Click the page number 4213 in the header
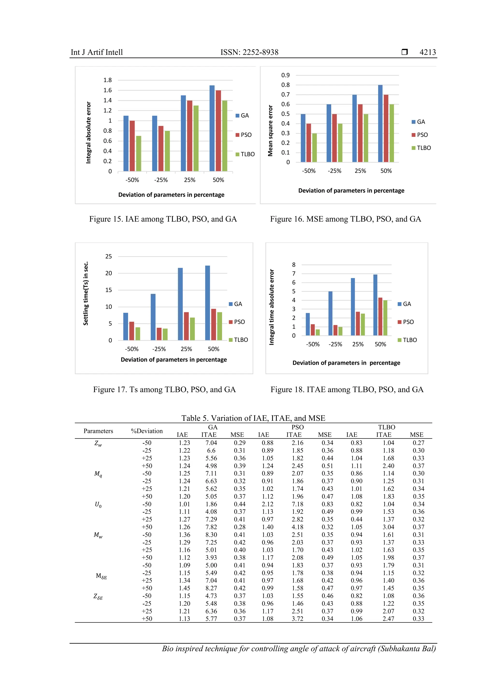tap(427, 52)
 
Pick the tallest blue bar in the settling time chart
tap(208, 303)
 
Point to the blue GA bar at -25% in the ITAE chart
tap(330, 314)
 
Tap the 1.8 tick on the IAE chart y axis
tap(108, 80)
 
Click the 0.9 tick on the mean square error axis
tap(286, 75)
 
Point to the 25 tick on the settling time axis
tap(109, 256)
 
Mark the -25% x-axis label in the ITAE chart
tap(335, 344)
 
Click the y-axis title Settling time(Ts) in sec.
tap(86, 293)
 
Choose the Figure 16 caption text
tap(345, 219)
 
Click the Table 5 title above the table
tap(253, 418)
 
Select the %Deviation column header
tap(147, 431)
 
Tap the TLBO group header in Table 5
tap(386, 427)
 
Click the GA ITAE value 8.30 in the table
tap(211, 535)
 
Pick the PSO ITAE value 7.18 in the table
tap(298, 504)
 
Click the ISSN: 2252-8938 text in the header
tap(249, 52)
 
